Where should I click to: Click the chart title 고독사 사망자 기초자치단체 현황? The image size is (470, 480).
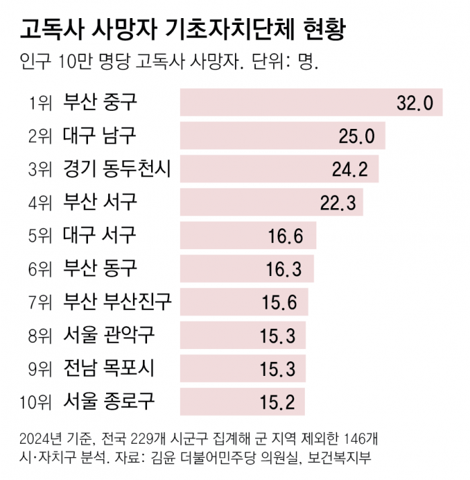pyautogui.click(x=183, y=30)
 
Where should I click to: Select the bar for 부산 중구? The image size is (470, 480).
pyautogui.click(x=311, y=102)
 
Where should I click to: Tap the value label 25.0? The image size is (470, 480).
pyautogui.click(x=357, y=136)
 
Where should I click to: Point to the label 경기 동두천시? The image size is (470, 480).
pyautogui.click(x=117, y=169)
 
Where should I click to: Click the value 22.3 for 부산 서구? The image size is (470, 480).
pyautogui.click(x=338, y=202)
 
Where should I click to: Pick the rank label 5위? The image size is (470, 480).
pyautogui.click(x=40, y=236)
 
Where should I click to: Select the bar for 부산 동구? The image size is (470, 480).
pyautogui.click(x=247, y=269)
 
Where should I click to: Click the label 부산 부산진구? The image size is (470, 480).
pyautogui.click(x=117, y=302)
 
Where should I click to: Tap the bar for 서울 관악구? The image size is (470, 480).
pyautogui.click(x=243, y=335)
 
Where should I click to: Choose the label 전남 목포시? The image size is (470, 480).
pyautogui.click(x=109, y=369)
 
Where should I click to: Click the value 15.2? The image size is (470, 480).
pyautogui.click(x=277, y=402)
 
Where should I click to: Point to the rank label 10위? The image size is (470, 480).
pyautogui.click(x=36, y=402)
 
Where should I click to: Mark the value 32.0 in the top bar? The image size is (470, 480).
pyautogui.click(x=415, y=103)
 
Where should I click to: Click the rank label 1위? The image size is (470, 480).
pyautogui.click(x=40, y=103)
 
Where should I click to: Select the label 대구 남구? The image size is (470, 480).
pyautogui.click(x=99, y=136)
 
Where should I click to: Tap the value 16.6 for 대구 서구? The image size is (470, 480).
pyautogui.click(x=285, y=236)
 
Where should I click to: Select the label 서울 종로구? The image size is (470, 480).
pyautogui.click(x=109, y=401)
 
